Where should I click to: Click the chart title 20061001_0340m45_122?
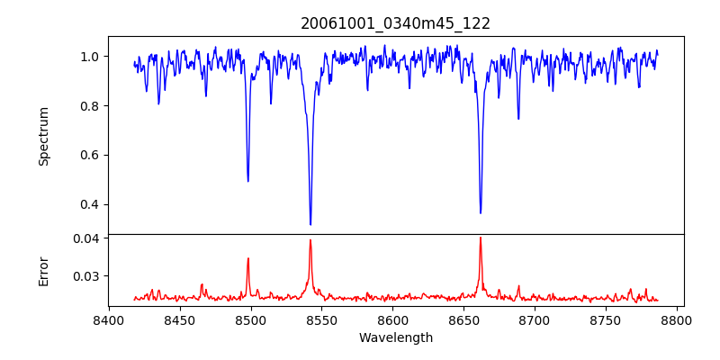pyautogui.click(x=395, y=23)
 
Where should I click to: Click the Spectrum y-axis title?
pyautogui.click(x=43, y=136)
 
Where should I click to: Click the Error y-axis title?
pyautogui.click(x=43, y=271)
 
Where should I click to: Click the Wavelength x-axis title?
pyautogui.click(x=395, y=338)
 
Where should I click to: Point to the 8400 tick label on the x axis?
pyautogui.click(x=109, y=320)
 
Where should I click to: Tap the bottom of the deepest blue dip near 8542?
pyautogui.click(x=310, y=224)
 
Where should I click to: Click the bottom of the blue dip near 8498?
pyautogui.click(x=248, y=181)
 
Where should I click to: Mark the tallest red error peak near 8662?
pyautogui.click(x=481, y=238)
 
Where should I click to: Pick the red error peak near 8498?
pyautogui.click(x=248, y=258)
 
